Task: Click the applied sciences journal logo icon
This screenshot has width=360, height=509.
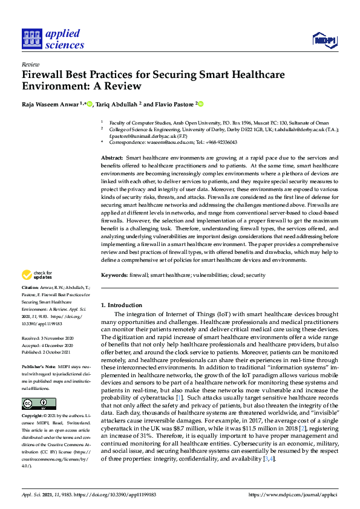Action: click(x=31, y=39)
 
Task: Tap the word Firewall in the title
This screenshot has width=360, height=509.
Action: click(x=43, y=76)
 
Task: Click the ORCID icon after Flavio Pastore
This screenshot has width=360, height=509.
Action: click(x=201, y=104)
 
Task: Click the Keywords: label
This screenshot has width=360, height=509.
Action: click(x=114, y=275)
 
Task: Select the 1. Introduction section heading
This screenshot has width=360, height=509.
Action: click(x=122, y=305)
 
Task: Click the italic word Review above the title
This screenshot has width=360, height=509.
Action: click(x=30, y=63)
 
